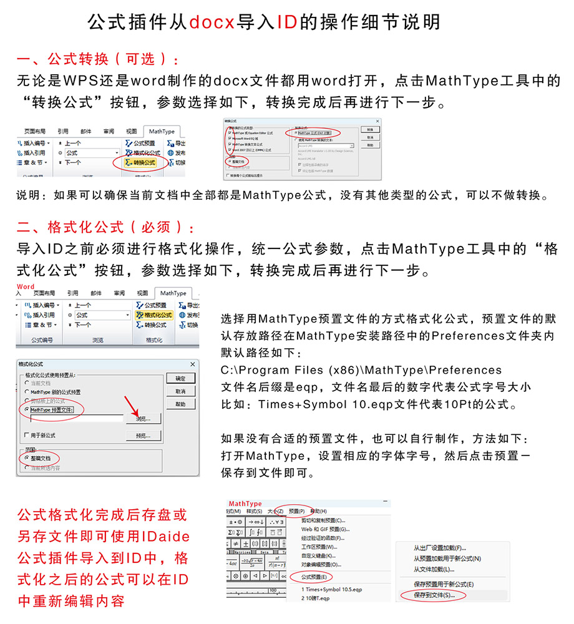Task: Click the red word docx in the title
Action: coord(212,22)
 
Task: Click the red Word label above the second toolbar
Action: coord(26,286)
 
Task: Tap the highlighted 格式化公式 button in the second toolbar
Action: coord(152,315)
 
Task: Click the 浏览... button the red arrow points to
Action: coord(143,417)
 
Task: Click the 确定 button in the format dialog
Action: coord(180,379)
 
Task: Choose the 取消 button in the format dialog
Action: coord(180,391)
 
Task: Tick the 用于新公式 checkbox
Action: coord(26,435)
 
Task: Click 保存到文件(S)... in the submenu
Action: coord(434,595)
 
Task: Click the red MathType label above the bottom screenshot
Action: coord(245,504)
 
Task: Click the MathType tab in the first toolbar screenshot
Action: coord(160,131)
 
